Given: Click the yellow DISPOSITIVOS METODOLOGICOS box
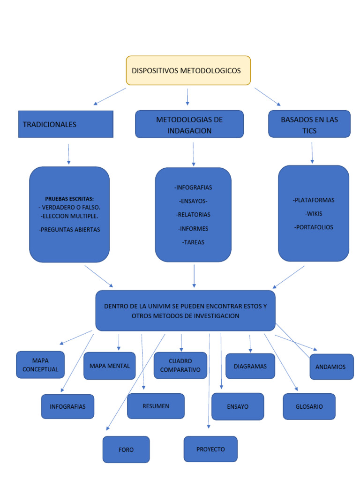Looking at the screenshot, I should coord(188,71).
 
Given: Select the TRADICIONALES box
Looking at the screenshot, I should coord(66,124).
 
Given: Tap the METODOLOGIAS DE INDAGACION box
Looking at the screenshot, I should coord(189,125).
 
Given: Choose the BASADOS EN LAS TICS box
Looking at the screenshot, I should coord(309,125).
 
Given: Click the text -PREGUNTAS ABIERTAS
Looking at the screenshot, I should coord(69,230).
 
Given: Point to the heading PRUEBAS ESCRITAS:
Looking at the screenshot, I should coord(69,199).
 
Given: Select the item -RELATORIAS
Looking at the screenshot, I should coord(193,215).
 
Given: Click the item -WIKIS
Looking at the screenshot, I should coord(314,214).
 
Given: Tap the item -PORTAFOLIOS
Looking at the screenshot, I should coord(314,227).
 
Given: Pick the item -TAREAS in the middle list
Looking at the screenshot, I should coord(193,242).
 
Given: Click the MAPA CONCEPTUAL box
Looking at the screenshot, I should coord(40,365).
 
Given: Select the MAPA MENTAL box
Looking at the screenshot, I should coord(109,366).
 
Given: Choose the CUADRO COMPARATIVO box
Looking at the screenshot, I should coord(180,366).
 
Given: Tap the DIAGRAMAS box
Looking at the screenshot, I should coord(250,367).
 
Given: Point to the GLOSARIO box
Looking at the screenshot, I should coord(309,406).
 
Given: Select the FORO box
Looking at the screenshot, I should coord(126,450).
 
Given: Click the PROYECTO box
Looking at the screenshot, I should coord(210,449).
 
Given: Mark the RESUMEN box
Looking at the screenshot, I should coord(156,406).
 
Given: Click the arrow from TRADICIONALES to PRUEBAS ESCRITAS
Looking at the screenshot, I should coord(68,154).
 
